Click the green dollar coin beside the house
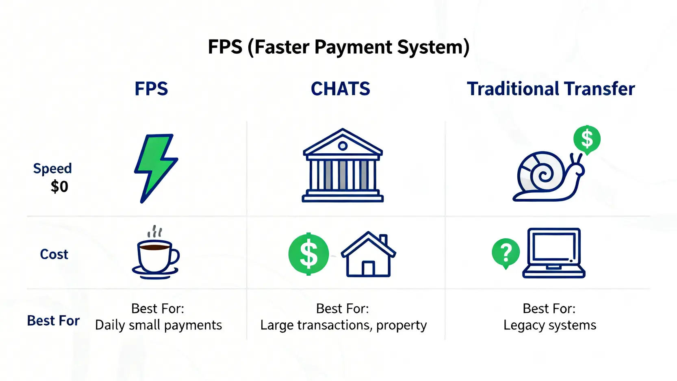pyautogui.click(x=308, y=254)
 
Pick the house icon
pyautogui.click(x=369, y=254)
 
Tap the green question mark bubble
pyautogui.click(x=506, y=253)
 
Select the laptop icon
pyautogui.click(x=554, y=253)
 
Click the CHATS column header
pyautogui.click(x=341, y=89)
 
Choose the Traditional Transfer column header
pyautogui.click(x=551, y=89)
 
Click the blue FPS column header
pyautogui.click(x=151, y=89)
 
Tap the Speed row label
pyautogui.click(x=52, y=168)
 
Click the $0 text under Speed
pyautogui.click(x=59, y=186)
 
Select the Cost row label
pyautogui.click(x=54, y=254)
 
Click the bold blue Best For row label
pyautogui.click(x=53, y=320)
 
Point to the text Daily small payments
pyautogui.click(x=158, y=325)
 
